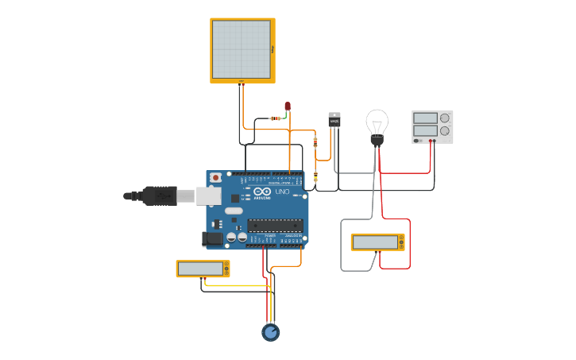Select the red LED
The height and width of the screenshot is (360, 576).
point(288,106)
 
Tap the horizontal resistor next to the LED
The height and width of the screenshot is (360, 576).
point(275,118)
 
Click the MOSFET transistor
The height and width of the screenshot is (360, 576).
point(334,120)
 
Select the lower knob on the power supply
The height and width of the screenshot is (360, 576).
point(445,130)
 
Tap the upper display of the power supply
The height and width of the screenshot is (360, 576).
point(424,118)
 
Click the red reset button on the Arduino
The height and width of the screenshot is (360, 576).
point(215,178)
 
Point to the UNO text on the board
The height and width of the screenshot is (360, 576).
point(282,192)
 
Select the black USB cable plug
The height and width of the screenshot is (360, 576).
point(159,195)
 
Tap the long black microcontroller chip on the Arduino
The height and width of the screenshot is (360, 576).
point(275,225)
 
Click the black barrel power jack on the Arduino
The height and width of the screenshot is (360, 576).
point(213,237)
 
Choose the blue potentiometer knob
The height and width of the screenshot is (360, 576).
point(271,332)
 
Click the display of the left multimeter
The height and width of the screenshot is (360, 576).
point(200,269)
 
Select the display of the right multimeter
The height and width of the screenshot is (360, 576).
point(376,242)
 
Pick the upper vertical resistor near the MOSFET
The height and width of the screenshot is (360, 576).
point(315,143)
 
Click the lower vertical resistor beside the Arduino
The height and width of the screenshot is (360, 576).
point(315,176)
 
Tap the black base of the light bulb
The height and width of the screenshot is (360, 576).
point(377,141)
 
